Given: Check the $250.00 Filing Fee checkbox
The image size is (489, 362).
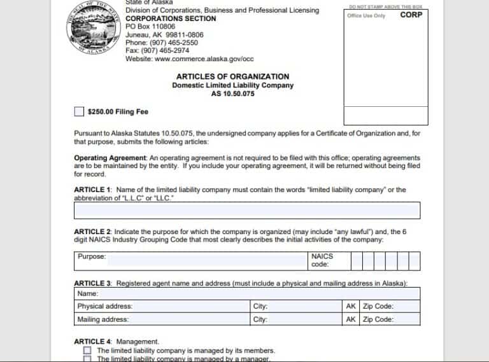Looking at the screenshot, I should coord(79,112).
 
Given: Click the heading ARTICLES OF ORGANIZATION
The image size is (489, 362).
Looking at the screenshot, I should coord(232,76).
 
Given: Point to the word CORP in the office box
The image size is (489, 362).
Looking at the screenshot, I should coord(411,15).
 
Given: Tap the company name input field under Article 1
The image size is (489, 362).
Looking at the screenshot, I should coord(247,211).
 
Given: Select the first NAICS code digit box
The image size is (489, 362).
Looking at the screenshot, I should coord(357,261).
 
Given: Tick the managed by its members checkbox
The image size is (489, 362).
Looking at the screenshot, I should coord(87,351).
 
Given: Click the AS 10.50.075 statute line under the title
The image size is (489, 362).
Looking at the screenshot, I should coord(232,94).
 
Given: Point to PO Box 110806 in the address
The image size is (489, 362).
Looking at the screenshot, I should coord(150,27).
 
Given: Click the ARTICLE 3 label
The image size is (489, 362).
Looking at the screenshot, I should coord(93,283).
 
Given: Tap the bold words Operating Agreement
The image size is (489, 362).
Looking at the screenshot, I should coord(111,158).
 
